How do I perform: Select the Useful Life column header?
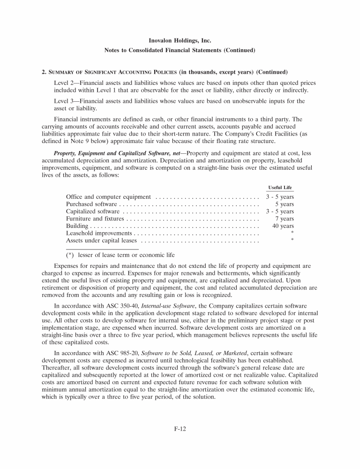coord(280,188)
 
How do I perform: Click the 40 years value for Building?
coord(283,226)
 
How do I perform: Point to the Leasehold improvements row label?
coord(99,233)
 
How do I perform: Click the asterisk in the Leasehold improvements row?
coord(292,233)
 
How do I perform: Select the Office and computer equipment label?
coord(108,197)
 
